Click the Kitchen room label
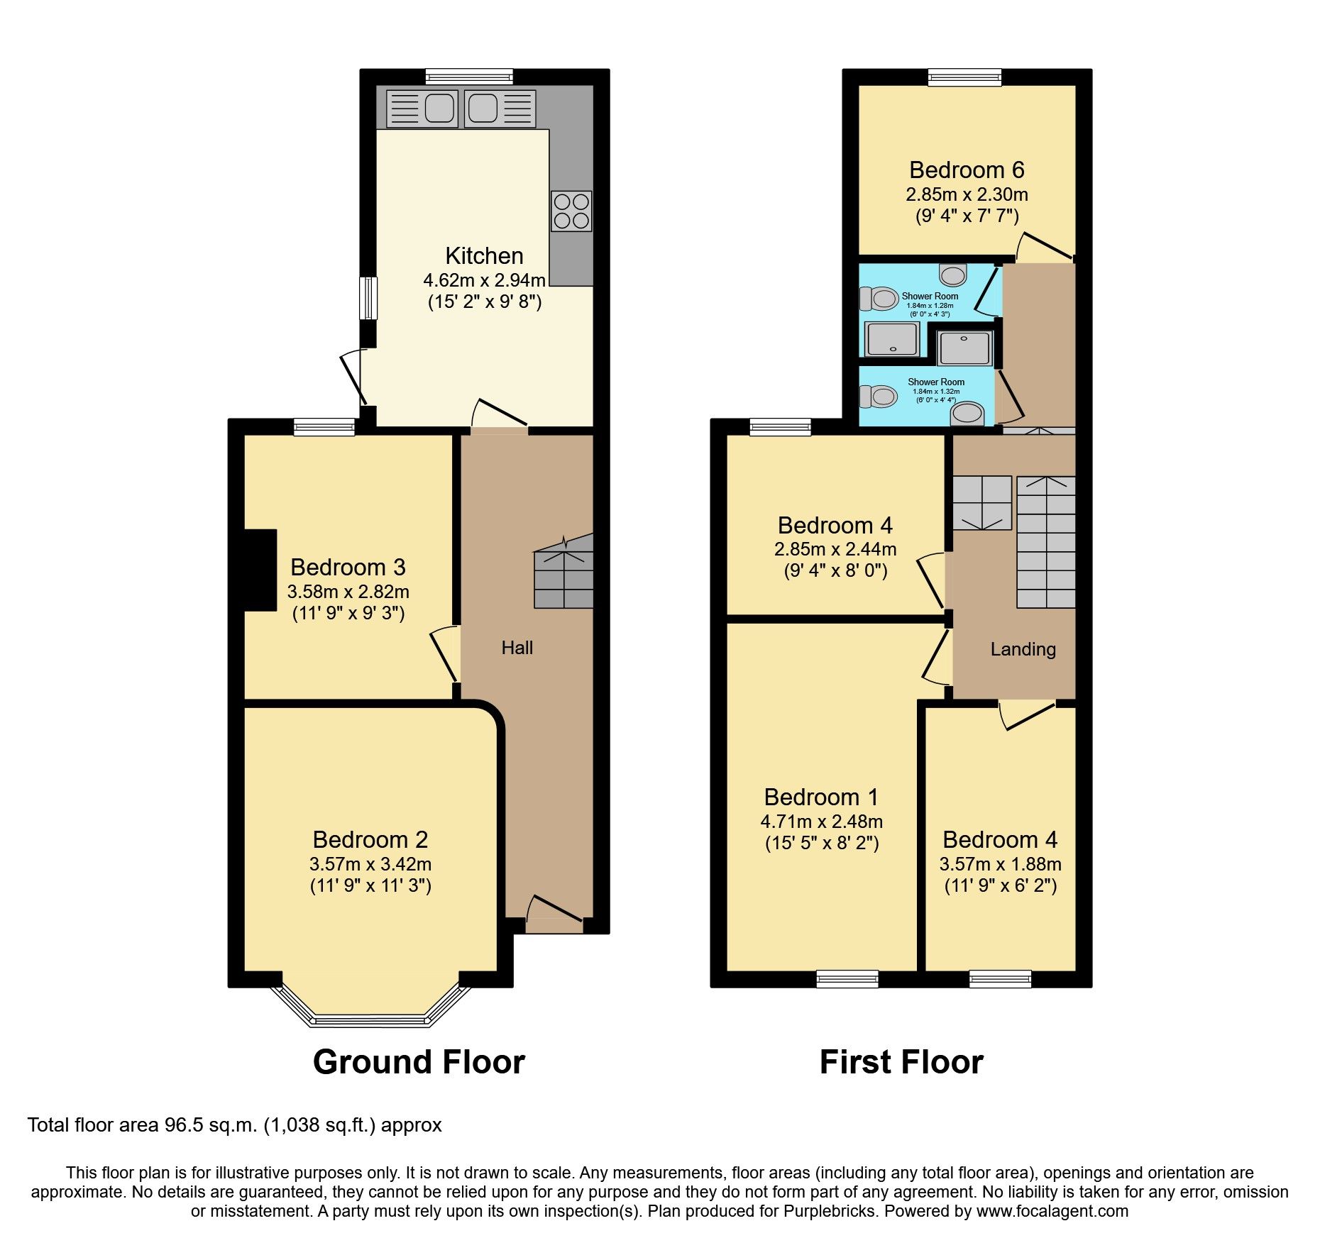pos(484,256)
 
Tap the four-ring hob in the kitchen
pos(571,211)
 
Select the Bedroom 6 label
pos(967,170)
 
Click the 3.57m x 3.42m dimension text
pos(370,864)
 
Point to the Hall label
pos(517,648)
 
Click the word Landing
pos(1023,649)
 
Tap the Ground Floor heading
pos(419,1063)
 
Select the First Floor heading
pos(901,1063)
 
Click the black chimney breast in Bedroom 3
pos(260,570)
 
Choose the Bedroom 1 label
pos(821,797)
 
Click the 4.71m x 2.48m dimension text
pos(821,822)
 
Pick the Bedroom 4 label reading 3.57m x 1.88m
pos(1000,840)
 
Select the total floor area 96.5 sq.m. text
pos(234,1125)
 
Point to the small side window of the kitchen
pos(368,298)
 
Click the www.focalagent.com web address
pos(1052,1211)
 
